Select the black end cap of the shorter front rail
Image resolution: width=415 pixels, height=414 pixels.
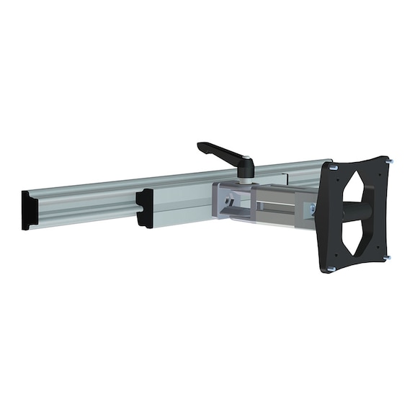tap(145, 208)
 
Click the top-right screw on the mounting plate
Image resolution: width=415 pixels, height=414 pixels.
tap(390, 161)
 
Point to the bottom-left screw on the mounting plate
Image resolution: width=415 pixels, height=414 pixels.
tap(331, 269)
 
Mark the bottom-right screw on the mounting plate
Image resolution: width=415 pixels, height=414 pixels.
tap(386, 257)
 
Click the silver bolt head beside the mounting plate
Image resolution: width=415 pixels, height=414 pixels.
tap(312, 210)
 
